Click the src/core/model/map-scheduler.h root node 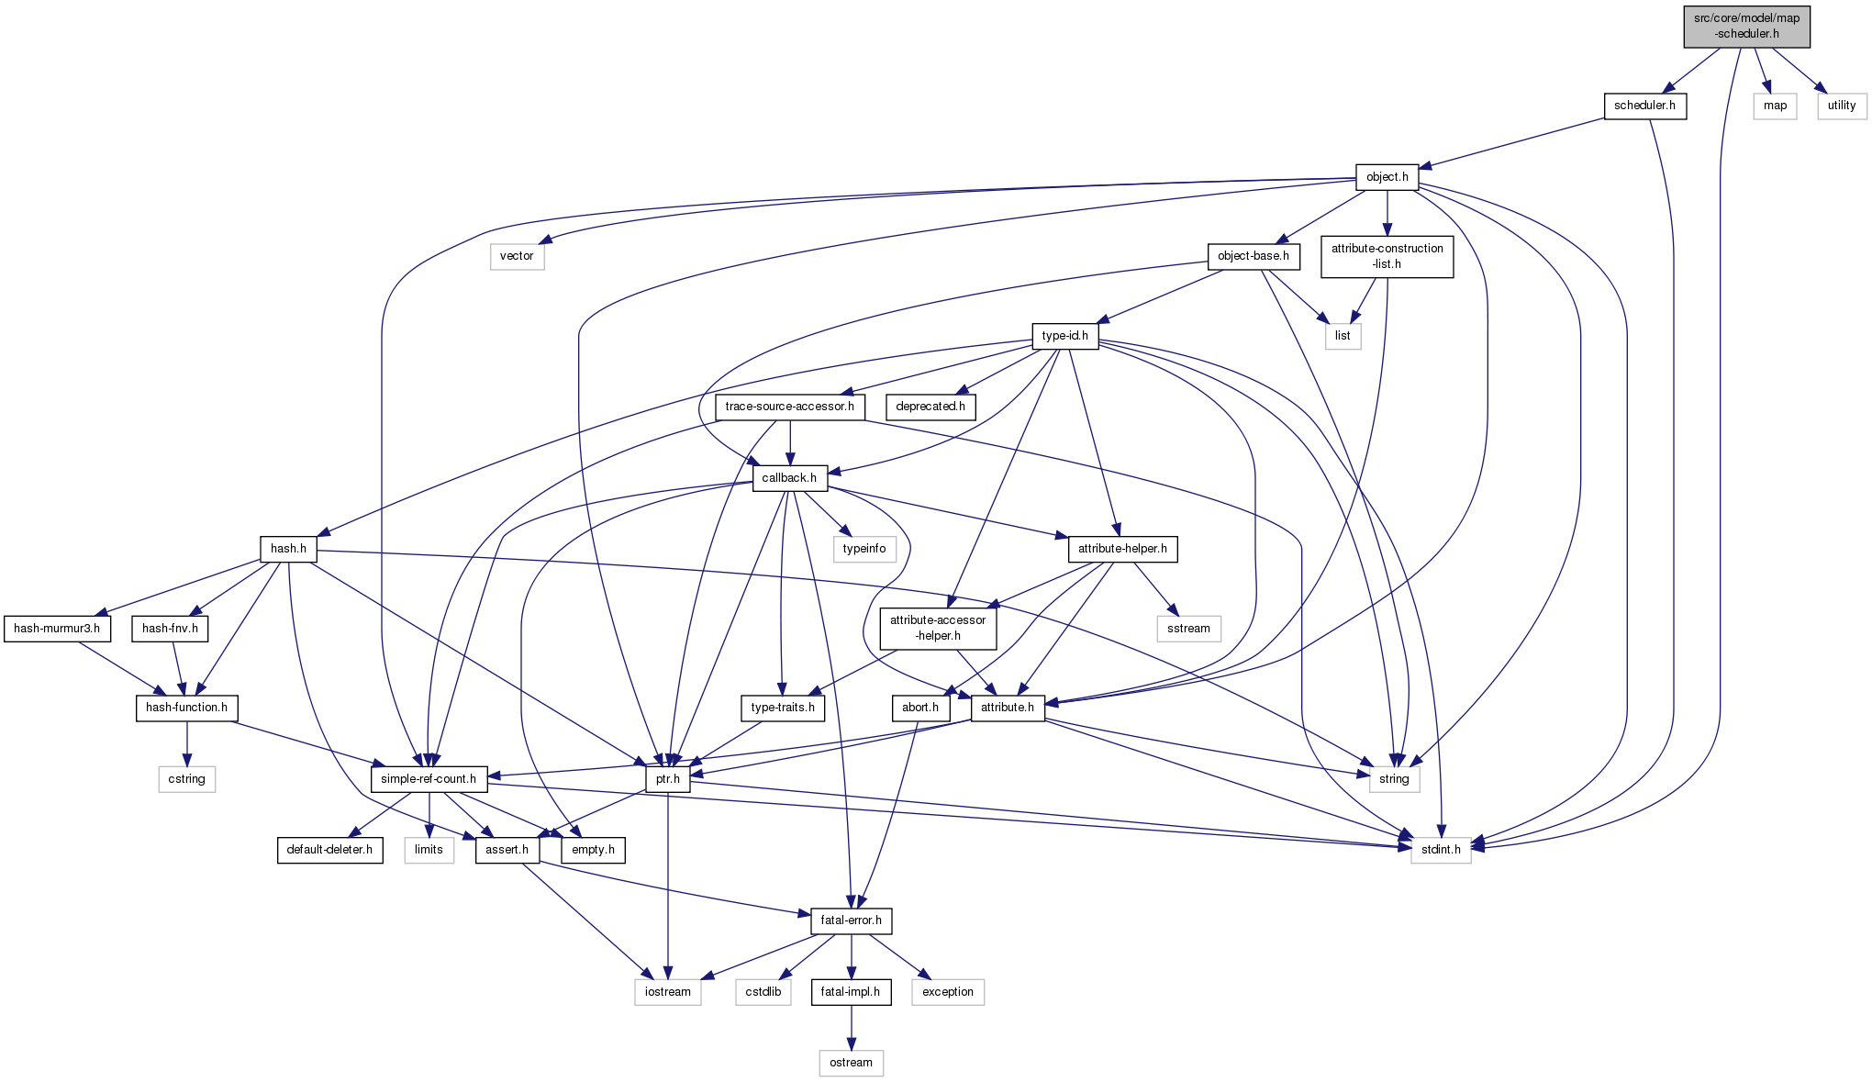coord(1746,26)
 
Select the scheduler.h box coord(1644,106)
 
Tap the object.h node coord(1387,177)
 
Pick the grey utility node coord(1841,106)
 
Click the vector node coord(517,256)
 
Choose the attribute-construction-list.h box coord(1387,256)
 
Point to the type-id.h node coord(1064,336)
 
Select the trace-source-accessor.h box coord(789,407)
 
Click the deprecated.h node coord(930,407)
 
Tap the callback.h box coord(789,478)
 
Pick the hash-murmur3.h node coord(57,629)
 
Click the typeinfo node coord(864,549)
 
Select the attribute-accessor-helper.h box coord(938,628)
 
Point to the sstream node coord(1188,629)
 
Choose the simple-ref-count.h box coord(429,779)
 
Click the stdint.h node coord(1441,850)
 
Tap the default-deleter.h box coord(329,850)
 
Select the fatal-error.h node coord(851,920)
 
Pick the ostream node coord(851,1063)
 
